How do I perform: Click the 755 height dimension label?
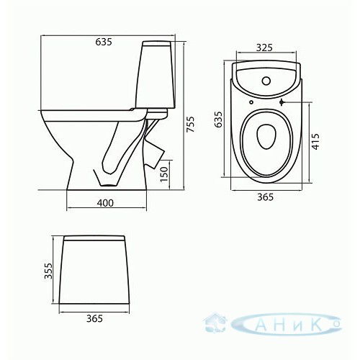pos(191,124)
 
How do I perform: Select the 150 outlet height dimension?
pos(163,174)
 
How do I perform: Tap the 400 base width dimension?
pos(105,203)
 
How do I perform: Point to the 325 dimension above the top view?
pos(264,48)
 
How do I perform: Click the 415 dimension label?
pos(316,142)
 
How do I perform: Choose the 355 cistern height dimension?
pos(48,271)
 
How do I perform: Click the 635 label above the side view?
pos(104,42)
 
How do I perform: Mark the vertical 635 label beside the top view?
pos(218,119)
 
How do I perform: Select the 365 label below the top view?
pos(266,197)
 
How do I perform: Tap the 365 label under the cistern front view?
pos(94,318)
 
